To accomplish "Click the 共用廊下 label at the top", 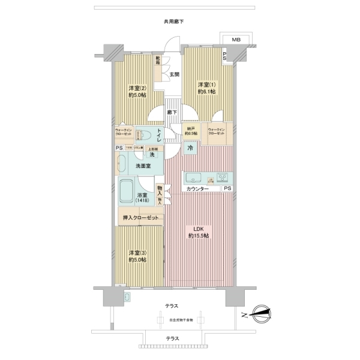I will (x=173, y=22).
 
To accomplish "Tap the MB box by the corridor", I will (x=236, y=40).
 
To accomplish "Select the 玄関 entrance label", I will (x=173, y=75).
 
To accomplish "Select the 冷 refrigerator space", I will (x=190, y=148).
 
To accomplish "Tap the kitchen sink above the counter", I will (x=194, y=178).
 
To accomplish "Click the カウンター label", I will (x=197, y=189).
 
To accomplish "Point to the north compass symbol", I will (x=262, y=311).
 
